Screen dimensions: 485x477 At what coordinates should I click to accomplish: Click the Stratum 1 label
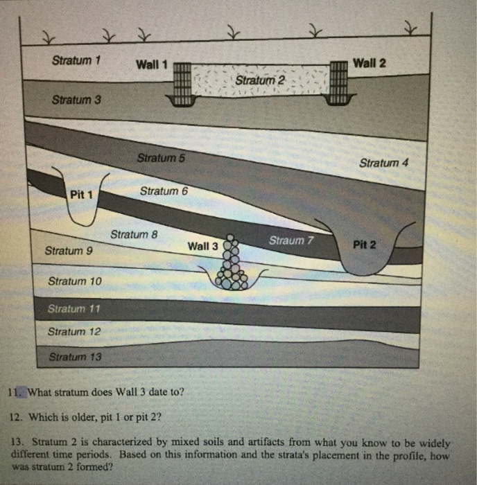click(77, 60)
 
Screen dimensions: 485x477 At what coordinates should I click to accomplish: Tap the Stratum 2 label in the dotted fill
click(260, 81)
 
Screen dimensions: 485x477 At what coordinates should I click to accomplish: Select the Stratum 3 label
click(76, 100)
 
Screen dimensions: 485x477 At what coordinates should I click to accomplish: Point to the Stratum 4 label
click(384, 163)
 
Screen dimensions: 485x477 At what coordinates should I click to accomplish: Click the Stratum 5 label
click(161, 158)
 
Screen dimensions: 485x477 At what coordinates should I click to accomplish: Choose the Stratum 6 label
click(164, 191)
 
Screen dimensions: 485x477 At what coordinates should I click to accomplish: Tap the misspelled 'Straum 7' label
click(292, 240)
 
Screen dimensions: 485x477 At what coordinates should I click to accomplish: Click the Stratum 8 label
click(135, 234)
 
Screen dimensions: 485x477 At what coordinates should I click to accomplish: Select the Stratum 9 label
click(68, 251)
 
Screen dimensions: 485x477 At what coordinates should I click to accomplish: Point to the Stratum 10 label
click(74, 281)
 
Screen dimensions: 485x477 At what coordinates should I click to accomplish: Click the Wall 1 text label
click(152, 65)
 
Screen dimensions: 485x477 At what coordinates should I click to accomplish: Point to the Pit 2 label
click(365, 245)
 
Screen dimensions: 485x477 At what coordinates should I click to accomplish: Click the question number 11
click(14, 392)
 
